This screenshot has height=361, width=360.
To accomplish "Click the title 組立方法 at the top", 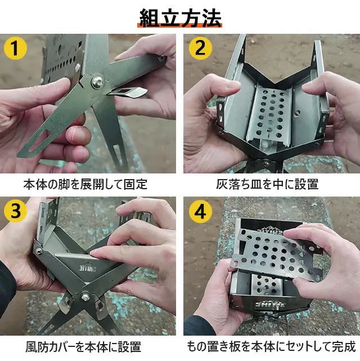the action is tap(181, 17).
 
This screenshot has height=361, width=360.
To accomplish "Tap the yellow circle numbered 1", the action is tap(15, 48).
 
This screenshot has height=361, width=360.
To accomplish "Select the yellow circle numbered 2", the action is tap(200, 48).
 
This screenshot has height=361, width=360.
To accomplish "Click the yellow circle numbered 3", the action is tap(15, 211).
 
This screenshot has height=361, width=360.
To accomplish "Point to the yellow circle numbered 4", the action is tap(200, 211).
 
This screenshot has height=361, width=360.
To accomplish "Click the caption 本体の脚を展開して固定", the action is tap(85, 184).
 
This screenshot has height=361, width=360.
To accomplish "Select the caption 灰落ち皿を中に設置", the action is tap(267, 184).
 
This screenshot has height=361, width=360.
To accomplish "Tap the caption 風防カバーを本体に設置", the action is tap(83, 347).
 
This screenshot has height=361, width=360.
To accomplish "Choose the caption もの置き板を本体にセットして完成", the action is tap(271, 347).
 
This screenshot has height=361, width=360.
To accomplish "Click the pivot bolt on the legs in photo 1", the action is tap(97, 82).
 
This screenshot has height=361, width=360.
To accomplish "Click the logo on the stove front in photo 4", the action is tap(271, 304).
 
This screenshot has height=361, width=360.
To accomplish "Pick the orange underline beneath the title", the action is tap(180, 25).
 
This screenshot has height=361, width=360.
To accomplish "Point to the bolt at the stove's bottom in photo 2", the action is tap(266, 163).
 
